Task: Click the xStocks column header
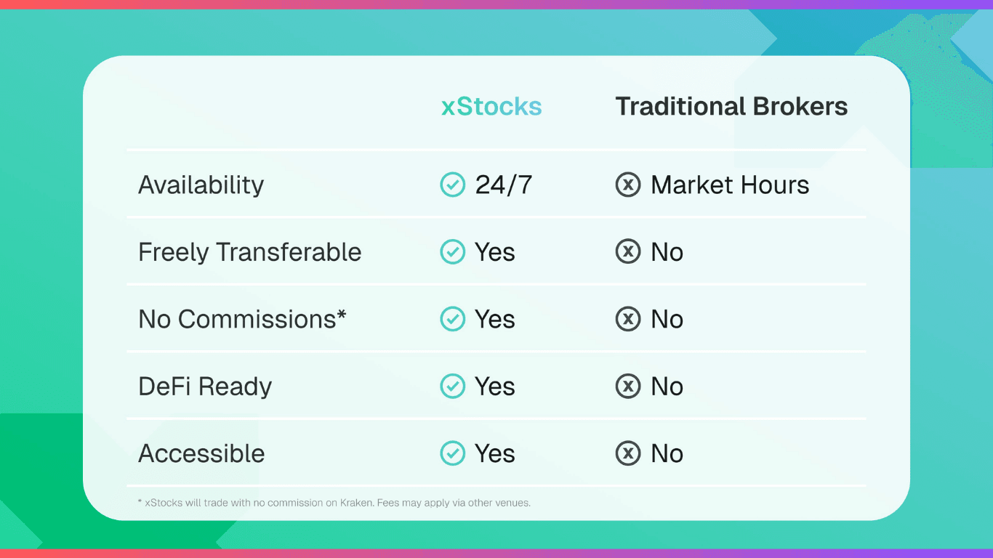tap(491, 107)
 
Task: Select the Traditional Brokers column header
tap(731, 107)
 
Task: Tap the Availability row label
tap(201, 185)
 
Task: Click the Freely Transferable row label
tap(249, 252)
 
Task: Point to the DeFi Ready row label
tap(205, 387)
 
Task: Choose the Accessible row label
tap(201, 453)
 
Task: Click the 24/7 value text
tap(503, 185)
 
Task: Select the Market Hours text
tap(730, 185)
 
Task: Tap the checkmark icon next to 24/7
tap(453, 185)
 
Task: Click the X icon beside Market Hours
tap(628, 185)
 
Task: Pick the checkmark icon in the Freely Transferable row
tap(453, 252)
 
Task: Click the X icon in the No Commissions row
tap(628, 319)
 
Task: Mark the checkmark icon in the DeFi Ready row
tap(453, 387)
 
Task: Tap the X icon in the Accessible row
tap(628, 453)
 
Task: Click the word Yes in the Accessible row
tap(494, 453)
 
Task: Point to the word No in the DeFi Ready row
tap(667, 387)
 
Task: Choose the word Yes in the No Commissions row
tap(494, 319)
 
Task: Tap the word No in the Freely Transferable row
tap(667, 252)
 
